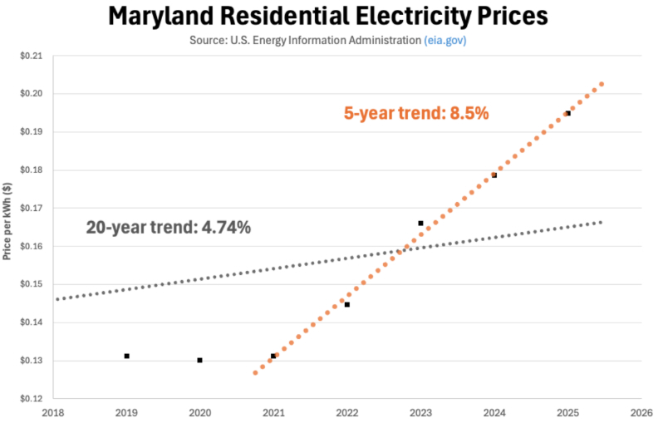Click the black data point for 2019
(126, 356)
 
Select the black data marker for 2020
(199, 360)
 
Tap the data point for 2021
(273, 356)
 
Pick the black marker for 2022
(346, 304)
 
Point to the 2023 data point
(420, 223)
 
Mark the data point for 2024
(494, 175)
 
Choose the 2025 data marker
(567, 113)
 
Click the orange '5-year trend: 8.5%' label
(416, 114)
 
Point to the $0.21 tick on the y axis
(30, 56)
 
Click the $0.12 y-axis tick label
(30, 399)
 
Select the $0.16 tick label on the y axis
(30, 247)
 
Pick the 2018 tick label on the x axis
(52, 411)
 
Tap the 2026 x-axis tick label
(641, 411)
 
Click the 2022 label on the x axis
(346, 411)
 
